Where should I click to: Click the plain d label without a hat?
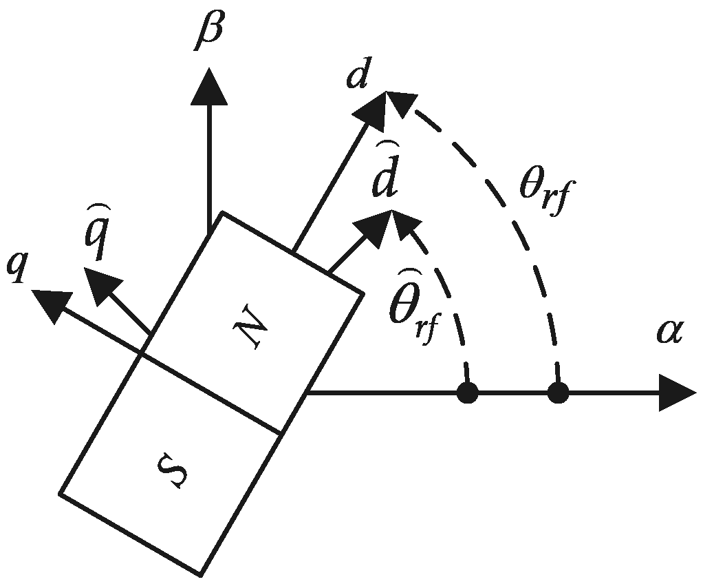(358, 80)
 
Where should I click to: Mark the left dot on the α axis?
(468, 394)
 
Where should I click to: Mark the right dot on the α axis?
(557, 394)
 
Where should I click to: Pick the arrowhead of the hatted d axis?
(374, 226)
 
